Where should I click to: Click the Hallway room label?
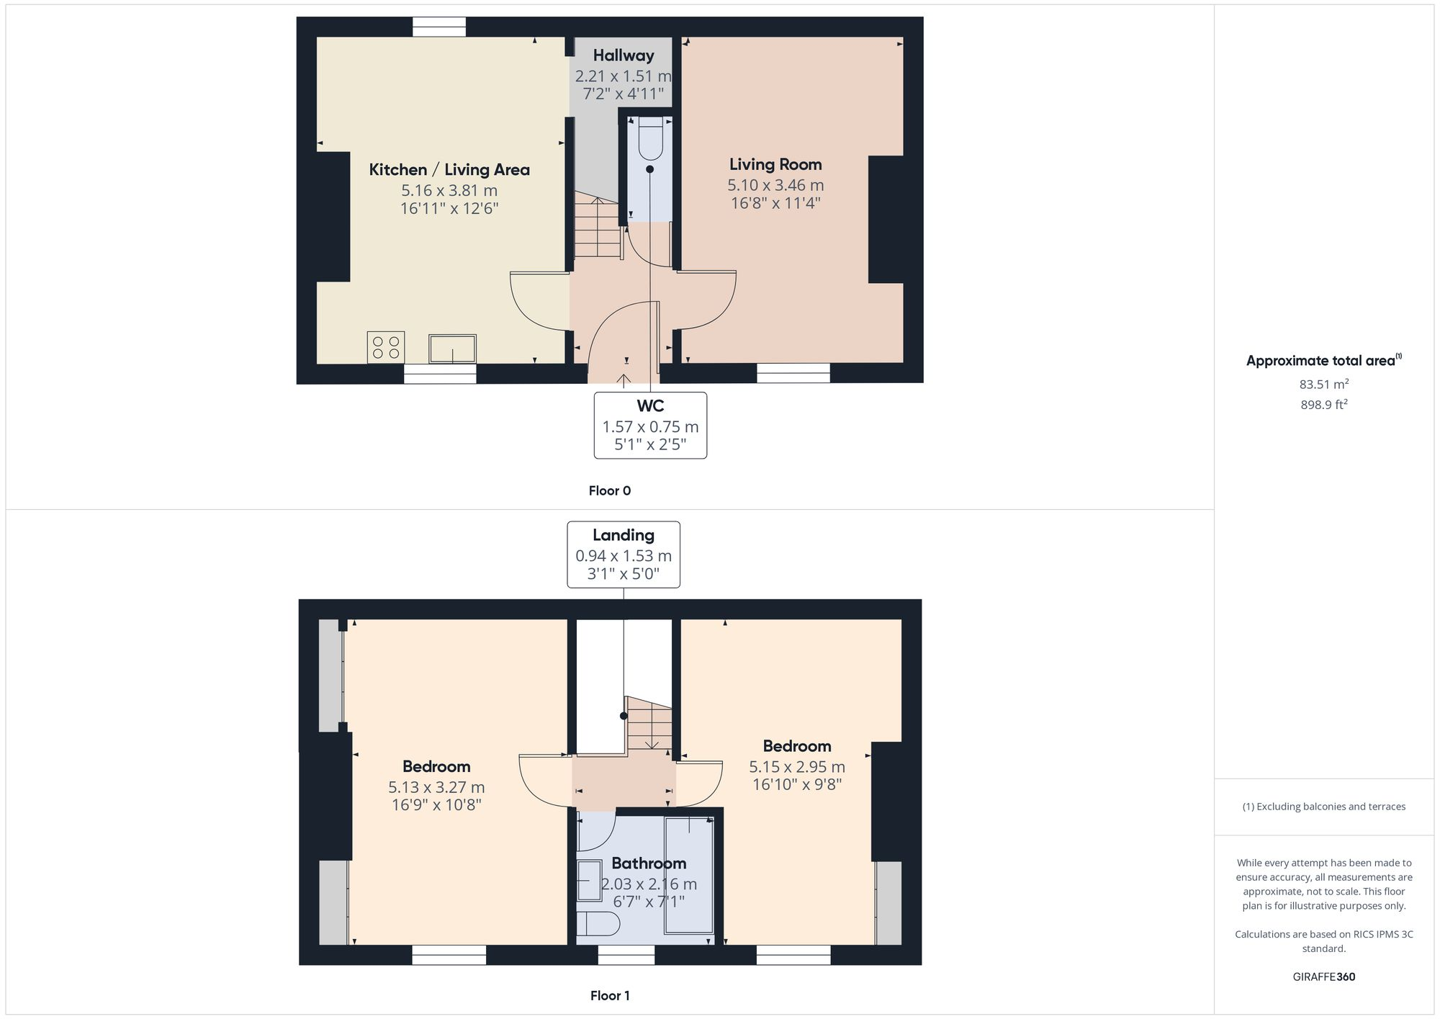(624, 55)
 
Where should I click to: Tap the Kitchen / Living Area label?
(449, 170)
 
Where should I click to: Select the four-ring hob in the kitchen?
(385, 347)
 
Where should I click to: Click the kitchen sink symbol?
(452, 349)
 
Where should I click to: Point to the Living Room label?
(775, 164)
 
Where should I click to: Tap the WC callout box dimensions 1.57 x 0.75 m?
(650, 427)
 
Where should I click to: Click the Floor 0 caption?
(609, 491)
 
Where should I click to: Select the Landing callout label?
(624, 535)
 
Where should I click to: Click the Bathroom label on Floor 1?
(649, 863)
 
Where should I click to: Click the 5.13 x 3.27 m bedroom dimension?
(436, 787)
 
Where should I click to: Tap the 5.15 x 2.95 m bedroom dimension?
(797, 767)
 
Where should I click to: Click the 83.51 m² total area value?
(1323, 385)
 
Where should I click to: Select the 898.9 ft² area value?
(1323, 405)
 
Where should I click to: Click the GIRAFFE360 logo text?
(1323, 977)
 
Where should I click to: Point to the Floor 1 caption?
(610, 996)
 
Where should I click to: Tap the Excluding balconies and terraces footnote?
(1323, 807)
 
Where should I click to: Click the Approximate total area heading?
(1320, 361)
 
